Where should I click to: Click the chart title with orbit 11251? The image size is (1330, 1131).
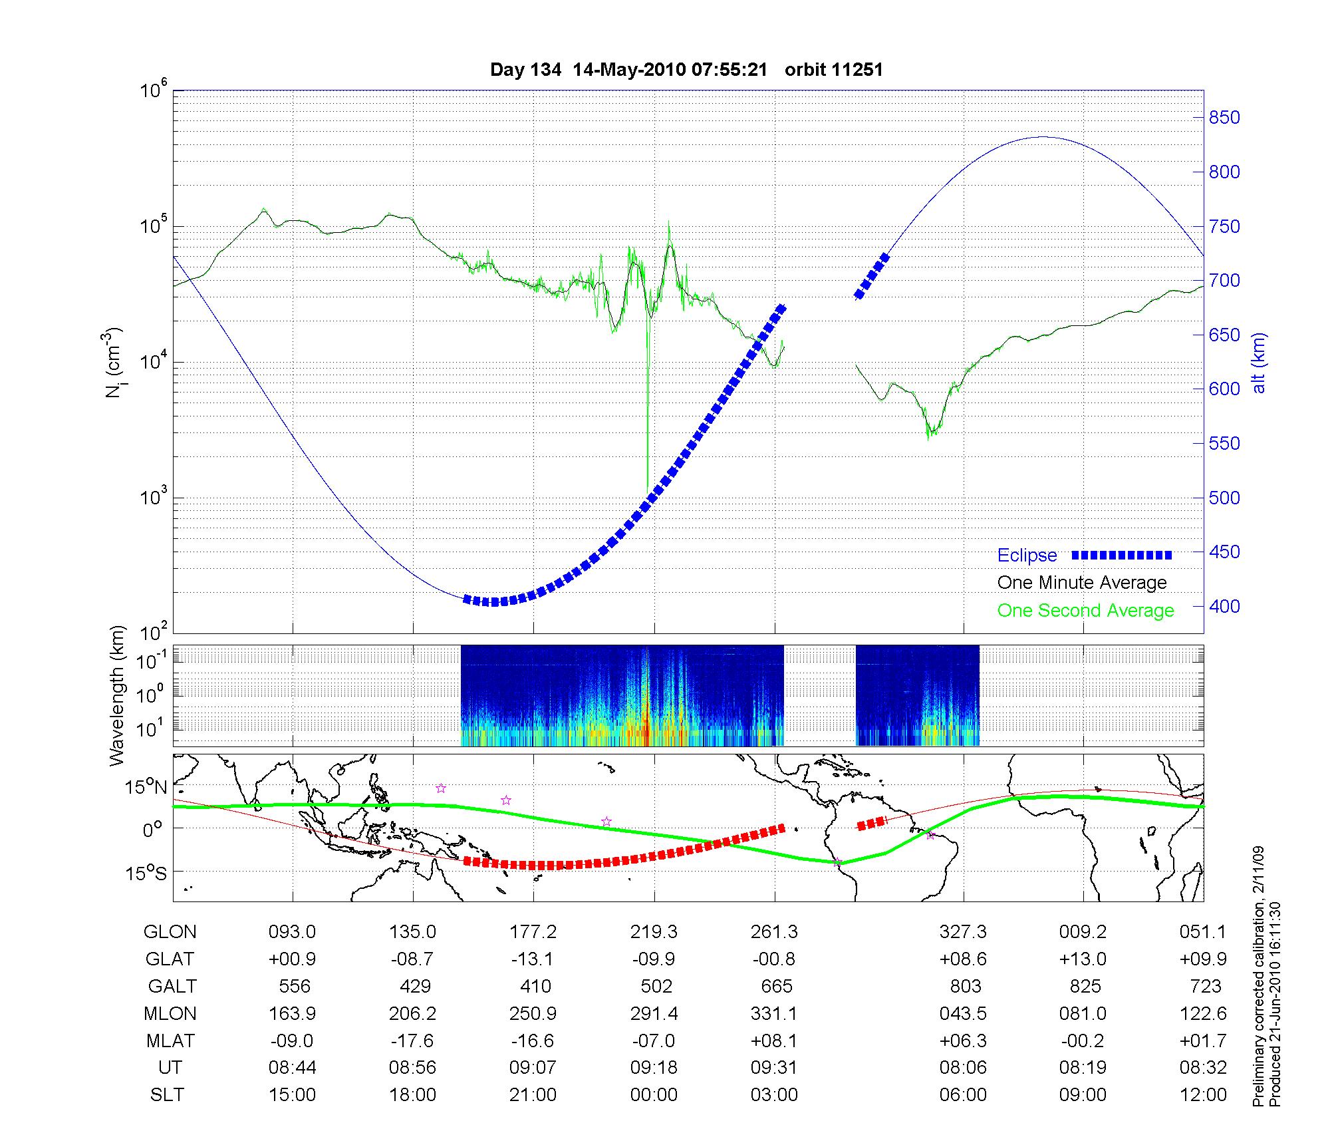pos(686,70)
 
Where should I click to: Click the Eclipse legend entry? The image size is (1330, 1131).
pos(1027,556)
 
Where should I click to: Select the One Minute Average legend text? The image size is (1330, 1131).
pos(1082,583)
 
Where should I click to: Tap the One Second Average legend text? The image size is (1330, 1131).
pos(1085,611)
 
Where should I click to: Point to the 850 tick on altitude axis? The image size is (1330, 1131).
pos(1224,118)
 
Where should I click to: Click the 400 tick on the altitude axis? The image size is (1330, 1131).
pos(1224,606)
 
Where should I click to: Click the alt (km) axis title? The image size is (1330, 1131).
pos(1259,363)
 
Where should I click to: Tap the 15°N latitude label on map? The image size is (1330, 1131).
pos(148,788)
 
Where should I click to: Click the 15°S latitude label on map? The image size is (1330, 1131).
pos(148,872)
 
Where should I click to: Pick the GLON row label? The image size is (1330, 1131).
pos(170,932)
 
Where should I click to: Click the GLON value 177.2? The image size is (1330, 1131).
pos(533,932)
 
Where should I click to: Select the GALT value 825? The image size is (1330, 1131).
pos(1085,986)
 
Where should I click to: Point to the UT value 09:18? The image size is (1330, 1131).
pos(654,1068)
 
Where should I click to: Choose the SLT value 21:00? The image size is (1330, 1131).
pos(533,1095)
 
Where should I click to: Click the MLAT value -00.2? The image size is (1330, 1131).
pos(1083,1041)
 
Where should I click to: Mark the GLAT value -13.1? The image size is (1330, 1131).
pos(533,959)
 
